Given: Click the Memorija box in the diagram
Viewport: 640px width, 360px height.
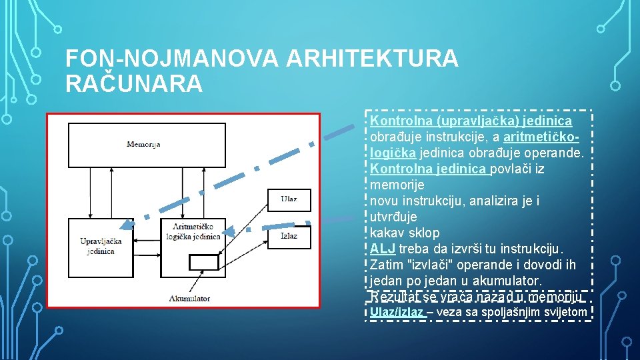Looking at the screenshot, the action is [144, 144].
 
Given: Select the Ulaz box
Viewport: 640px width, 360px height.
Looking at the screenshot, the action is [289, 199].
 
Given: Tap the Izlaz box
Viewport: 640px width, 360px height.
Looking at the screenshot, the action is [289, 235].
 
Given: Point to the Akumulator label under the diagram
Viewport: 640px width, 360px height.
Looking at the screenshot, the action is [189, 298].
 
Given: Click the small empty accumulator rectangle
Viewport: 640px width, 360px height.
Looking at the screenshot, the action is [203, 263].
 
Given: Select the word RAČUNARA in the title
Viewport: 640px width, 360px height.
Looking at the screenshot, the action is [133, 84].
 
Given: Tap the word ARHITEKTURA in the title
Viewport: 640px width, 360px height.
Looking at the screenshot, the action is [372, 59].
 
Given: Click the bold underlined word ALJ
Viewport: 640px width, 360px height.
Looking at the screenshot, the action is [383, 249].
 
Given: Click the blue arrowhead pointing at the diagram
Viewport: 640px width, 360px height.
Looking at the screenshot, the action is [229, 231].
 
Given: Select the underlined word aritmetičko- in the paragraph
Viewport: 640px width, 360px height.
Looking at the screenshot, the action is [541, 137].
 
